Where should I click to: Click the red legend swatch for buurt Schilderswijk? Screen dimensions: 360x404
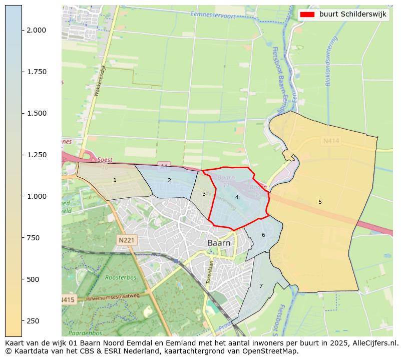[307, 15]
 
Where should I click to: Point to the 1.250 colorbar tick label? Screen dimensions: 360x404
[37, 155]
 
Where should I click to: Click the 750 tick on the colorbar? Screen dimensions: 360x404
[22, 238]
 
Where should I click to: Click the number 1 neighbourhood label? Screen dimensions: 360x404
[115, 180]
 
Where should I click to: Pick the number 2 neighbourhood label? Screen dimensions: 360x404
[169, 180]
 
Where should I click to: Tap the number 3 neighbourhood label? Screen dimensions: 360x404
[204, 194]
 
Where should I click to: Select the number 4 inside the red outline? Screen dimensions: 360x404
[237, 197]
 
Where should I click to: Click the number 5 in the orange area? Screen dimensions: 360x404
[320, 202]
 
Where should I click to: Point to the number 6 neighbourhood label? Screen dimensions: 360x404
[263, 235]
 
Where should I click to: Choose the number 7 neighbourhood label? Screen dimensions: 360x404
[261, 286]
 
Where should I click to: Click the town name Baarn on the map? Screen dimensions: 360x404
[219, 243]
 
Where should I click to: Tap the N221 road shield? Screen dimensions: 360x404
[126, 240]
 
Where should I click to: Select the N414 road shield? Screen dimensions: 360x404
[331, 141]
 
